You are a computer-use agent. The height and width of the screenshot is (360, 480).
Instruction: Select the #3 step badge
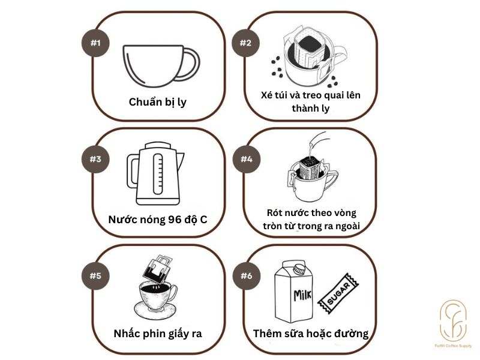click(x=95, y=159)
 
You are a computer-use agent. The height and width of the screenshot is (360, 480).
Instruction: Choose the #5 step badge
click(x=95, y=276)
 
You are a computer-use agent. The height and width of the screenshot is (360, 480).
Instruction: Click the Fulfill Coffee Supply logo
click(x=454, y=321)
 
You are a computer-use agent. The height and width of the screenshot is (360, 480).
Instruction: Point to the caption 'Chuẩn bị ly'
click(x=158, y=102)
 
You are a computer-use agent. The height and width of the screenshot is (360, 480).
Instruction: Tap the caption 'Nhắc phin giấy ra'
click(x=158, y=334)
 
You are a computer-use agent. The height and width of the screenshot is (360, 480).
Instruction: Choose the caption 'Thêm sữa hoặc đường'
click(x=310, y=334)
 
